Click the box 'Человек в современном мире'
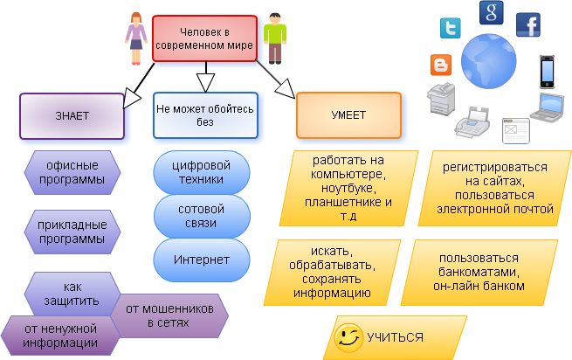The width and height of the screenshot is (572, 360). pyautogui.click(x=205, y=38)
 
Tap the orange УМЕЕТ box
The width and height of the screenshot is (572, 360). pyautogui.click(x=348, y=115)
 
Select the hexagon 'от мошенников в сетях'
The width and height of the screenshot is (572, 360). pyautogui.click(x=169, y=315)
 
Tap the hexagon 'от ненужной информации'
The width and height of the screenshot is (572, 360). pyautogui.click(x=60, y=336)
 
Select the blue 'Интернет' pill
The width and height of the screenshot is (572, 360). pyautogui.click(x=202, y=260)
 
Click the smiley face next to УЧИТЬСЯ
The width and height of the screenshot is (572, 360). pyautogui.click(x=348, y=336)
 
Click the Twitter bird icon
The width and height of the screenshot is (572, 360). pyautogui.click(x=450, y=30)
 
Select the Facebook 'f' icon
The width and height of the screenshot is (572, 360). pyautogui.click(x=527, y=24)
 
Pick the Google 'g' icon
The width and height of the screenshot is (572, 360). pyautogui.click(x=491, y=12)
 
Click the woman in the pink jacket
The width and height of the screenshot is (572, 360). pyautogui.click(x=134, y=38)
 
